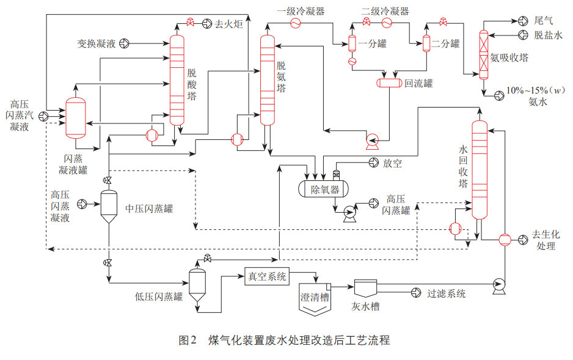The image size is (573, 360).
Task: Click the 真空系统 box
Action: tap(266, 277)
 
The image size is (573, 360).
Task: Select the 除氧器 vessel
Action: tap(324, 189)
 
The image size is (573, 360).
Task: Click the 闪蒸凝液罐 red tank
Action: tap(76, 117)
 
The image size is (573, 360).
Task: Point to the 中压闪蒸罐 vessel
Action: tap(109, 207)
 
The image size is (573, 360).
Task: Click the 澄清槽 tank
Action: tap(315, 299)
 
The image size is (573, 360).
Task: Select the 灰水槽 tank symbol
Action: tap(367, 289)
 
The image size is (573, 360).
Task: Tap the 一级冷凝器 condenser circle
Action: tap(294, 23)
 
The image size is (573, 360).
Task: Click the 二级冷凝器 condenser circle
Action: tap(387, 23)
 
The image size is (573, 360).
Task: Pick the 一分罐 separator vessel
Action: tap(352, 43)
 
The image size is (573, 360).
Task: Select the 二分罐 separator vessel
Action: tap(426, 43)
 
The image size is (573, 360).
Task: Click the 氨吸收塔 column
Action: tap(484, 56)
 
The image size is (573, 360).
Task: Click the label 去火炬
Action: tap(227, 24)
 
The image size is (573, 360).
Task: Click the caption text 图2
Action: tap(187, 340)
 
